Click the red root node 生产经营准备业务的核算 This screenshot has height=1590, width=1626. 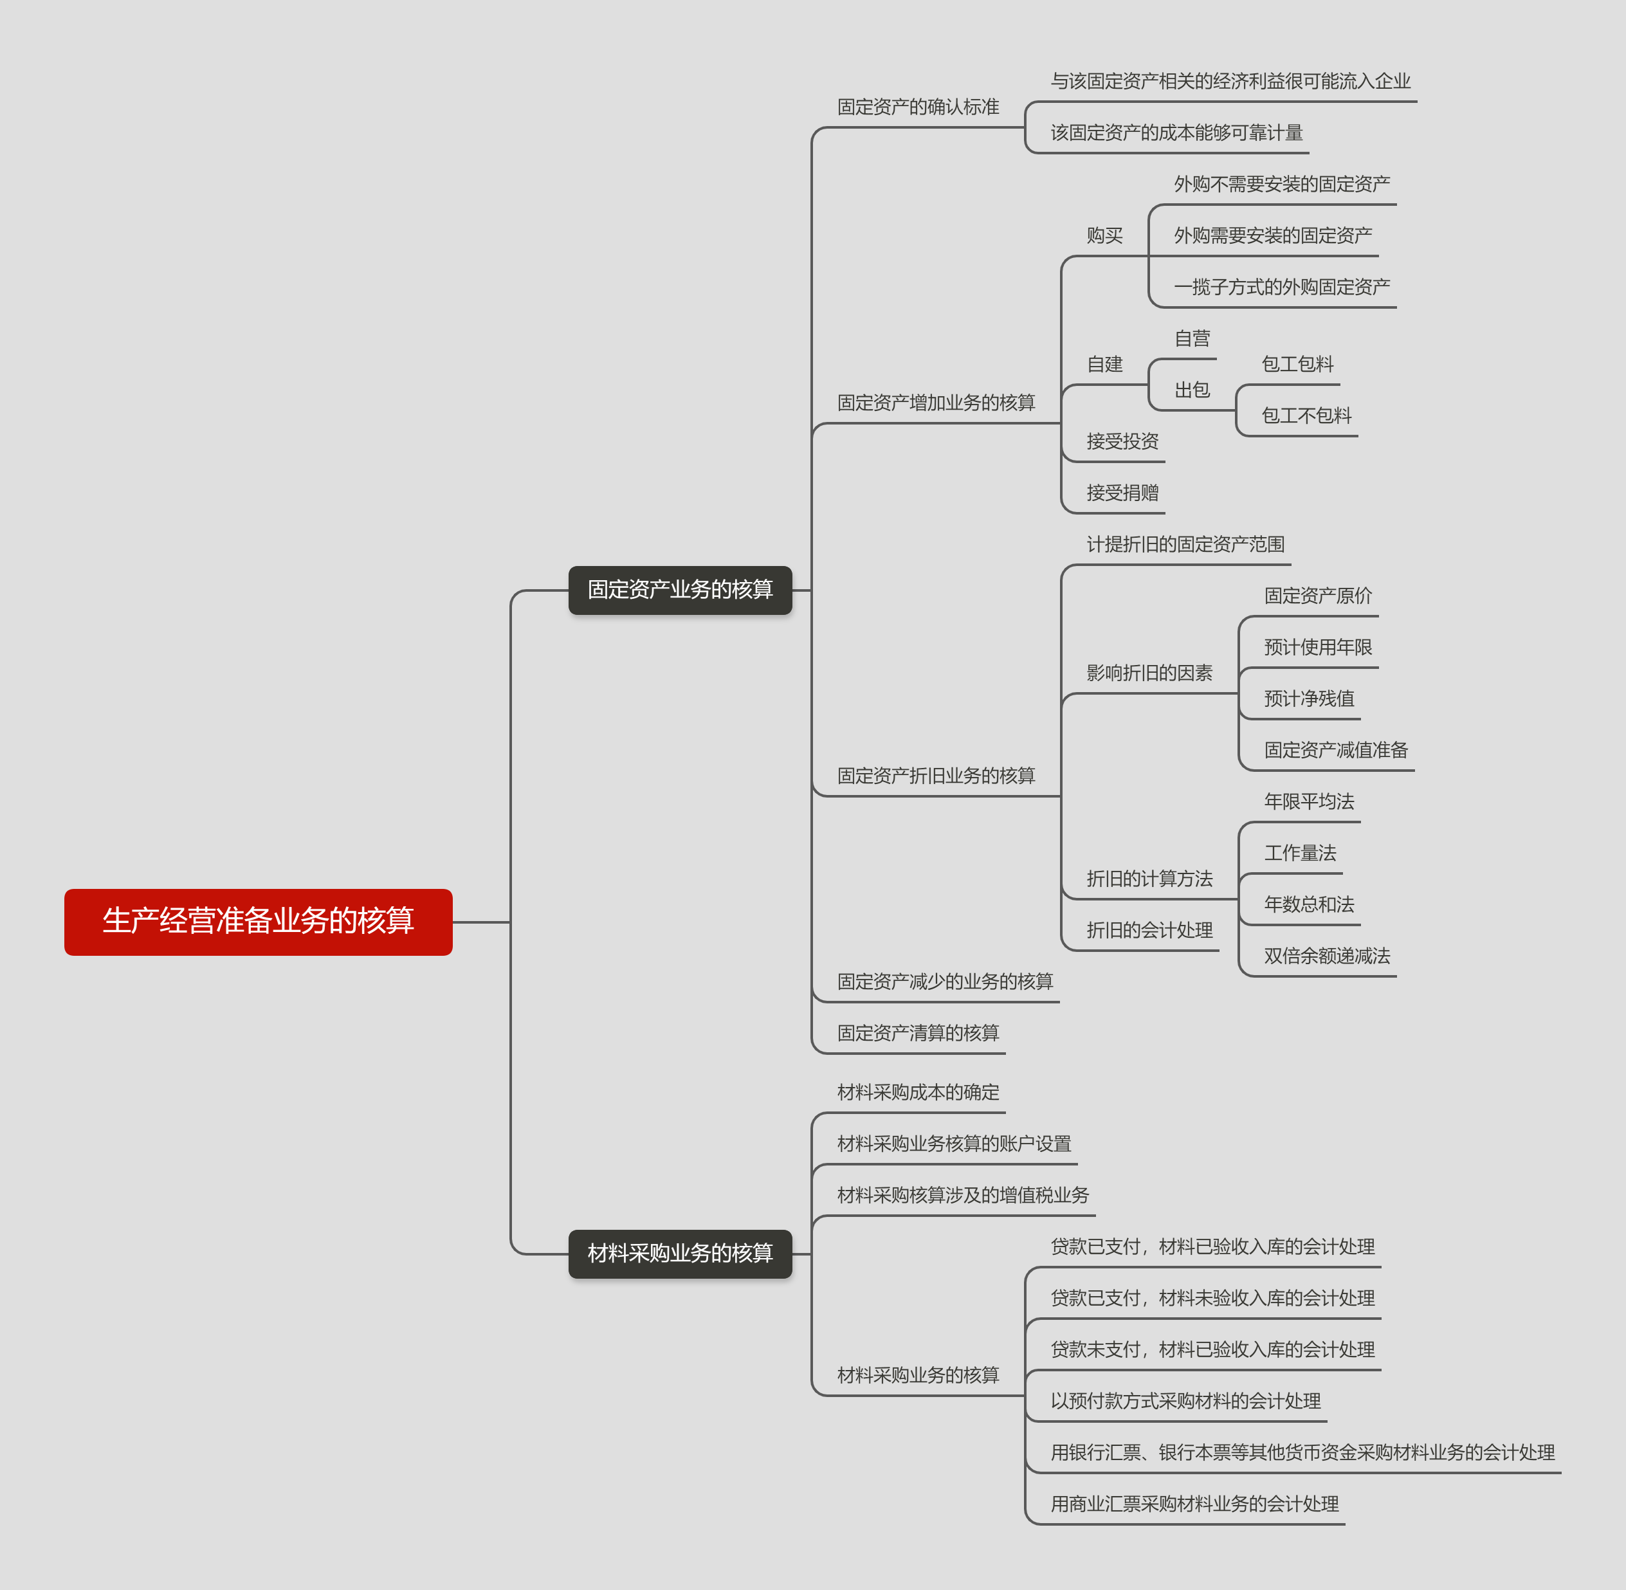258,921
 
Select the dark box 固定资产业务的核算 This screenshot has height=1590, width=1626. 680,590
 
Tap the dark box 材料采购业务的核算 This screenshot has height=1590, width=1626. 680,1252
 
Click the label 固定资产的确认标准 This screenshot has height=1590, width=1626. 918,107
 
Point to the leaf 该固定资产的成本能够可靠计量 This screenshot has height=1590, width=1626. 1176,132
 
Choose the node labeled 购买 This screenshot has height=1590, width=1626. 1104,235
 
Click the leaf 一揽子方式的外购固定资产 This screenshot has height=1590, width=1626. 1281,288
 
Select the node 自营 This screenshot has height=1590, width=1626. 1192,338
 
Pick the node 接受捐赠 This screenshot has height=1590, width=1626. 1122,493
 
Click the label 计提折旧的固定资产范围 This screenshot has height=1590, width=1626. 1184,545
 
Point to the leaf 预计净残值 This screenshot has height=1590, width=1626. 1309,698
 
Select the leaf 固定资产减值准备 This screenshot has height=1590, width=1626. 1335,750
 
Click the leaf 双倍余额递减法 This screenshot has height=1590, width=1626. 1326,956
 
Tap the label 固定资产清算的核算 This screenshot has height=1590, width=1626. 918,1033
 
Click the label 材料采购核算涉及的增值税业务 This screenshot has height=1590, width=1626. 962,1195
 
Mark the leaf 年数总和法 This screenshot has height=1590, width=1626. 1309,904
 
